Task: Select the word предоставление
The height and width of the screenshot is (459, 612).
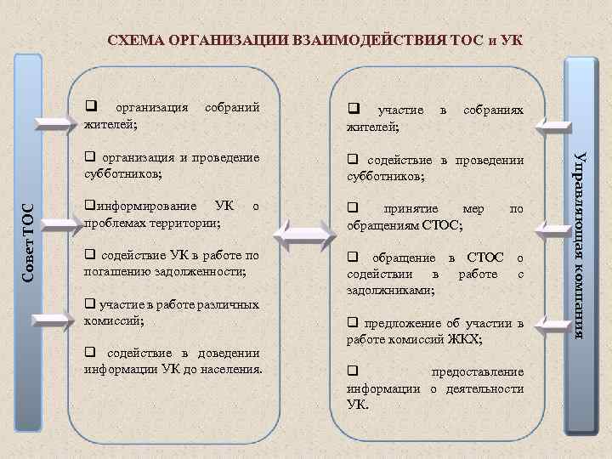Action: pyautogui.click(x=478, y=372)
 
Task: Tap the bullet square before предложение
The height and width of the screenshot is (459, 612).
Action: pyautogui.click(x=352, y=323)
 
